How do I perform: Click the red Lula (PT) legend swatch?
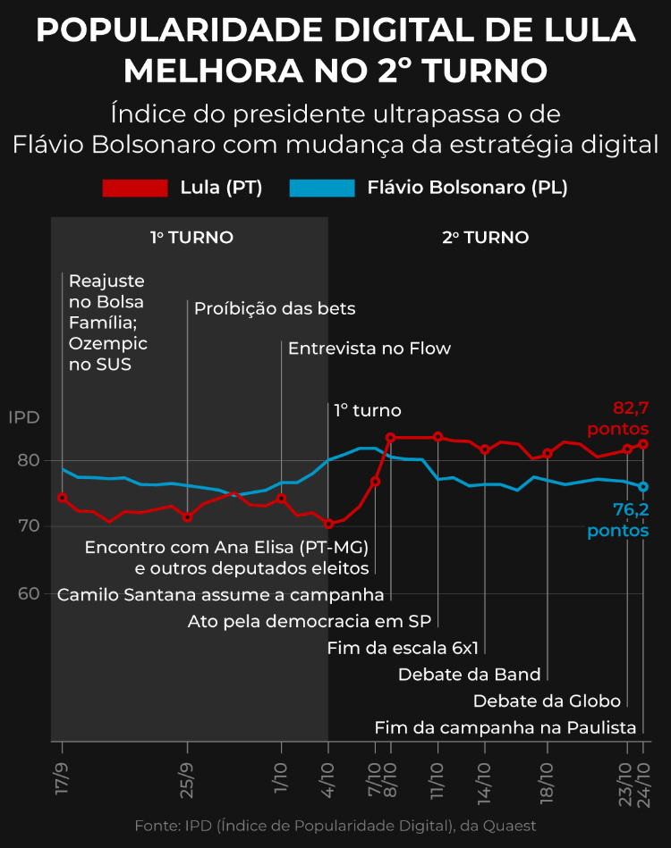tap(135, 189)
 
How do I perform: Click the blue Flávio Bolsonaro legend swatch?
tap(322, 189)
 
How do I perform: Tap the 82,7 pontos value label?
tap(618, 418)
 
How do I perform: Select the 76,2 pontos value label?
tap(618, 520)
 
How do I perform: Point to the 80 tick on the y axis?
tap(29, 460)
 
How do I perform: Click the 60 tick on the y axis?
tap(29, 594)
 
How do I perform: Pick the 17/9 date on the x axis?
tap(62, 779)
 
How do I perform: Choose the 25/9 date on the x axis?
tap(187, 780)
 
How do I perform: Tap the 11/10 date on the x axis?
tap(437, 780)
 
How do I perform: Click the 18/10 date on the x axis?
tap(547, 782)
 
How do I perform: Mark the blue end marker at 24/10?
tap(643, 487)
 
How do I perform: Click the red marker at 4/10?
tap(328, 524)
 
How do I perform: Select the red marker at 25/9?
tap(187, 517)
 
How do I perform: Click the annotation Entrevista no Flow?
tap(369, 348)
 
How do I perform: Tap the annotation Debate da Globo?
tap(547, 701)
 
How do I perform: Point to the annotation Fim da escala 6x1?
tap(403, 648)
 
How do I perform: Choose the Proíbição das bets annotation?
tap(275, 309)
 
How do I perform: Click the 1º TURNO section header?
tap(191, 238)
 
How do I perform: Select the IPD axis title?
tap(24, 417)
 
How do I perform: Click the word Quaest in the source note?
tap(510, 826)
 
